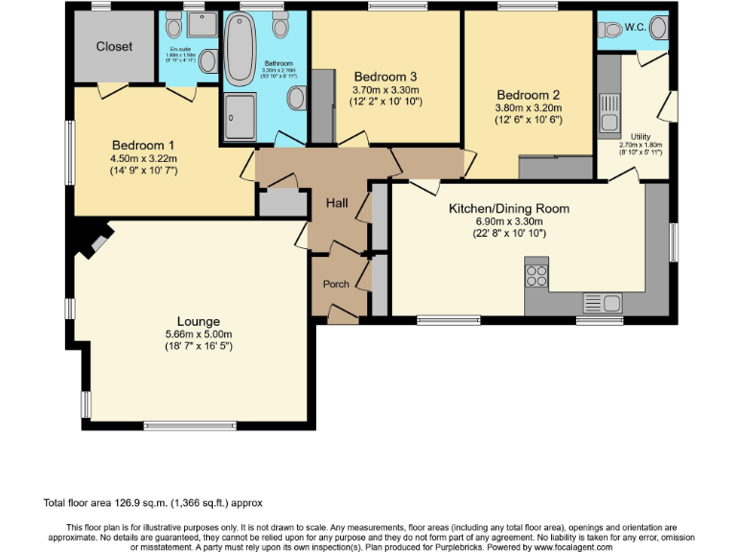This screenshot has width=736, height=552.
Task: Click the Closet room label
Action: pos(114,46)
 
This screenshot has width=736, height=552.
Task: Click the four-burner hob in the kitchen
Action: pos(537,276)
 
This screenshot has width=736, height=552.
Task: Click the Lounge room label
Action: pos(198,321)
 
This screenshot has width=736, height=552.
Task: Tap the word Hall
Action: pos(337,203)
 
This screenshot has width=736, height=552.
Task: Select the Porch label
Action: pos(336,283)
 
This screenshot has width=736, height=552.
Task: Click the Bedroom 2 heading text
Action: pos(528,95)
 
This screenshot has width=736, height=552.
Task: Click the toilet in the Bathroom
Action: pos(298,97)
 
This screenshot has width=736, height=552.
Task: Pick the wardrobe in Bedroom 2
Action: pos(555,168)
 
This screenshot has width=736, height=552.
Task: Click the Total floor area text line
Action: pos(153,502)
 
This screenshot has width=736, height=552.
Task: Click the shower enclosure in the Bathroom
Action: pos(238,120)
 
